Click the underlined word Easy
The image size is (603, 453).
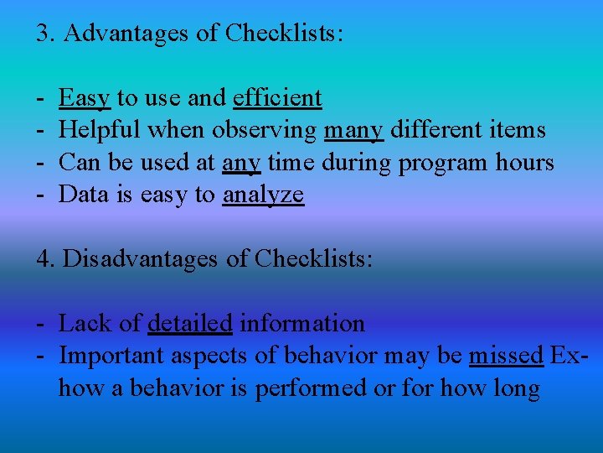(x=85, y=98)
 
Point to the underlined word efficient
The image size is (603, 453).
(x=277, y=98)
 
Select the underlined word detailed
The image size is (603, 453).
(x=190, y=323)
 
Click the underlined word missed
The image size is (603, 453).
(x=506, y=356)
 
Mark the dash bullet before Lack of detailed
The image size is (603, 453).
(x=41, y=324)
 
